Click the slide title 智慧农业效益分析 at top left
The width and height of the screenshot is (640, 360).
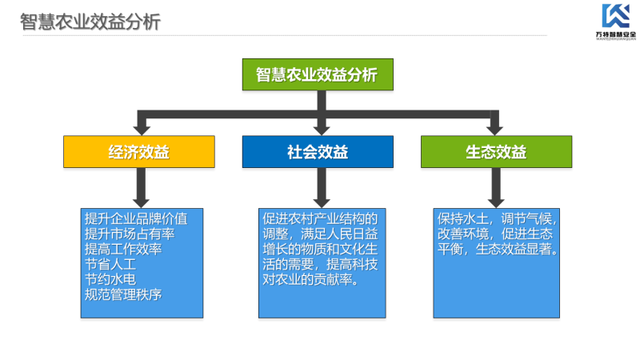[x=90, y=21]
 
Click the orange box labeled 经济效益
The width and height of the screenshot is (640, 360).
[x=139, y=152]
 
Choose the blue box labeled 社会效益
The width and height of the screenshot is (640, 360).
[x=318, y=152]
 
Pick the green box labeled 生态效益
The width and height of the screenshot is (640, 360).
[x=496, y=152]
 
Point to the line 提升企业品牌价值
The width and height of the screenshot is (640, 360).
[x=136, y=218]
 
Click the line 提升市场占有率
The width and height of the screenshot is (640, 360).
[x=130, y=234]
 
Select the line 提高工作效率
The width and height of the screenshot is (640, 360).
[x=123, y=249]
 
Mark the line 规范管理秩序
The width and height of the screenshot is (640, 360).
[x=123, y=294]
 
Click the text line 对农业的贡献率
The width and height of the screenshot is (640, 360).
[x=310, y=281]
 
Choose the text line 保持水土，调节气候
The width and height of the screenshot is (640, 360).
[x=497, y=218]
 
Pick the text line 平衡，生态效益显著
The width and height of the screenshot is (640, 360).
[x=497, y=250]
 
